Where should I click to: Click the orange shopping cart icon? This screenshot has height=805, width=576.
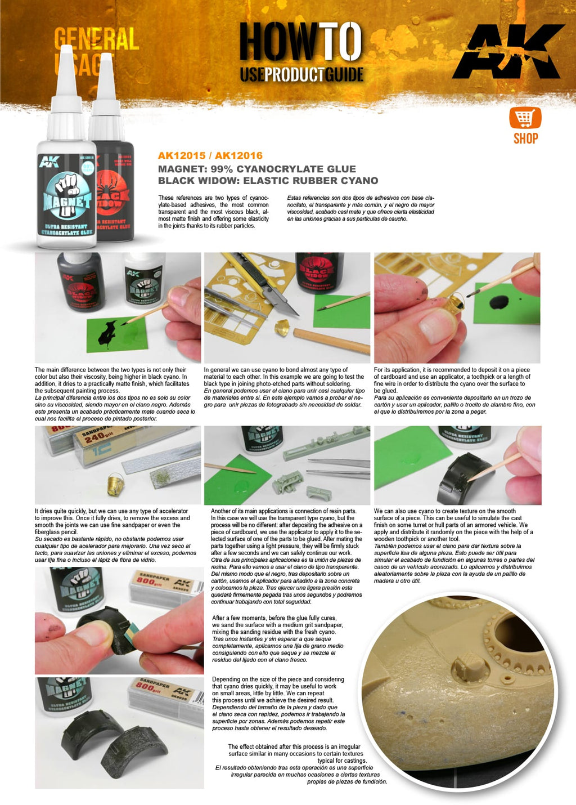[x=525, y=118]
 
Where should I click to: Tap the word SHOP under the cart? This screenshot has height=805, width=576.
[x=525, y=138]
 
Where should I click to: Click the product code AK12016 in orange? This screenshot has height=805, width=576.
[x=238, y=156]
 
